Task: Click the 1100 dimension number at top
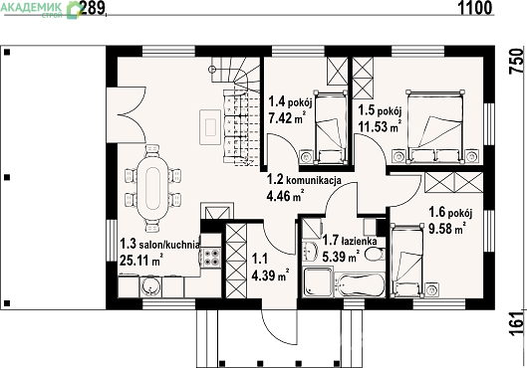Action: [475, 8]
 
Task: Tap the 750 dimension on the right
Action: [517, 62]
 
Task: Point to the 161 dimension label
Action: [517, 324]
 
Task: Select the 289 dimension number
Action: [93, 8]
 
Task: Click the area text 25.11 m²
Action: [141, 260]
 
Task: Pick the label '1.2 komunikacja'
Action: [304, 180]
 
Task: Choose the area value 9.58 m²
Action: [447, 229]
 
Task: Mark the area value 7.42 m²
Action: [287, 118]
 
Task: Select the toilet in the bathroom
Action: [374, 255]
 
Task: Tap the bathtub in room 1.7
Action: [360, 285]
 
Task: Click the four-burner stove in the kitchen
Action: [211, 258]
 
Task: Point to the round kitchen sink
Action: [149, 286]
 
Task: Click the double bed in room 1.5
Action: [434, 127]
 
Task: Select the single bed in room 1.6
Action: [406, 261]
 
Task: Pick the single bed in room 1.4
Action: [331, 127]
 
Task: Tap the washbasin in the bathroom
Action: [310, 251]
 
